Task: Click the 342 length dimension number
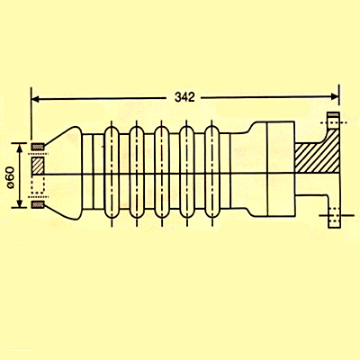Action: [184, 97]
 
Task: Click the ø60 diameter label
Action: [10, 177]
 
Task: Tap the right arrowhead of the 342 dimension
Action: [335, 96]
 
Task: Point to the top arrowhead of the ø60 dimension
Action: [20, 148]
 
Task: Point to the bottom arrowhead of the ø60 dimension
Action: [20, 203]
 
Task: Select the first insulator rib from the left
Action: [112, 172]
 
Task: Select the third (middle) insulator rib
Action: [162, 172]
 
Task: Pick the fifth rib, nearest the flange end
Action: [212, 172]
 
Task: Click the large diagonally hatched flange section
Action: [318, 155]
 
